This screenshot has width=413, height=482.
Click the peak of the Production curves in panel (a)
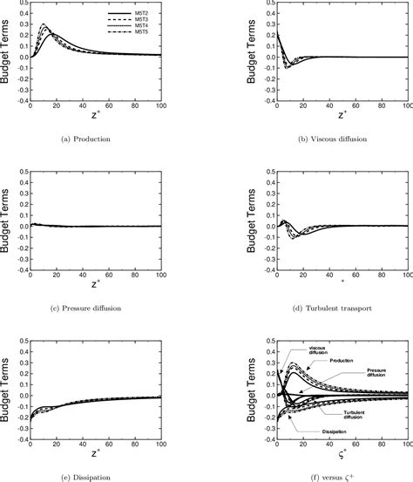click(44, 25)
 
